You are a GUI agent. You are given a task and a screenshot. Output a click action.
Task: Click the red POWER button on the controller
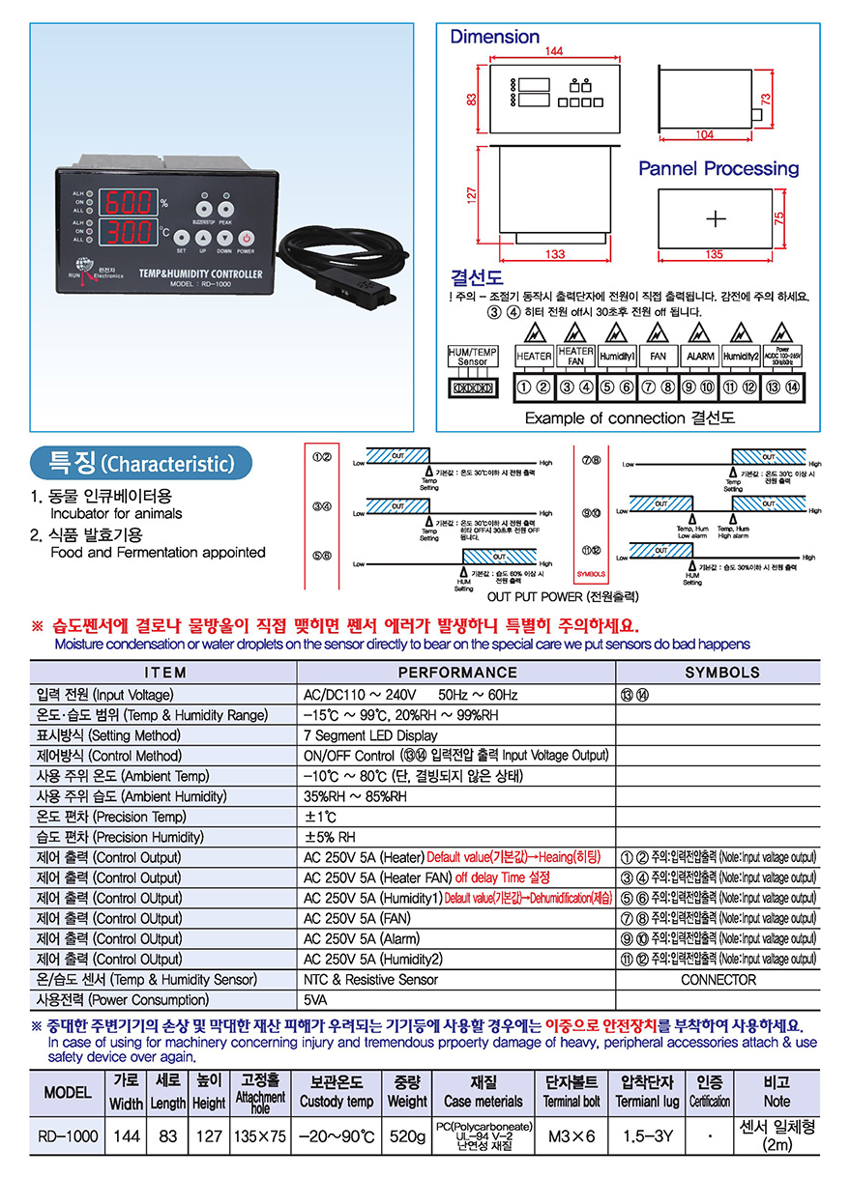coord(247,237)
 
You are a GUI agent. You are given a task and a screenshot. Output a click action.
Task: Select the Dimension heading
coord(494,37)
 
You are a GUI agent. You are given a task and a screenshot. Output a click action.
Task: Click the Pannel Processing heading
coord(718,168)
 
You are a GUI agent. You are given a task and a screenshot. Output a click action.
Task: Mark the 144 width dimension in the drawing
coord(553,50)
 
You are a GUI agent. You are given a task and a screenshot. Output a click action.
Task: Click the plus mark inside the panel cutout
coord(715,217)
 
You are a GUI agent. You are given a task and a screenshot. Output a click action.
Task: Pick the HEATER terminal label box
coord(534,356)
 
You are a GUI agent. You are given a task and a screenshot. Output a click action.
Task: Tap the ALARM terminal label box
coord(700,356)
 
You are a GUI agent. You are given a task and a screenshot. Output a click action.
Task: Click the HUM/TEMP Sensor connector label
coord(473,356)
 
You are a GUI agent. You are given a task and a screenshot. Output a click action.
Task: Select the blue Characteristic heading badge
coord(141,463)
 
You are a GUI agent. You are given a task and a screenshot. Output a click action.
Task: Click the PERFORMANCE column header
coord(456,672)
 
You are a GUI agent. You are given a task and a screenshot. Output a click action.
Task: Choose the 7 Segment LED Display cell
coord(368,735)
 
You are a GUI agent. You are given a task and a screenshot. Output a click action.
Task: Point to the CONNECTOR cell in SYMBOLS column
coord(718,979)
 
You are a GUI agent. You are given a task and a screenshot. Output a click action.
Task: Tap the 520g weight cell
coord(406,1136)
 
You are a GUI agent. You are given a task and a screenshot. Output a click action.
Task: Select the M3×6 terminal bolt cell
coord(572,1136)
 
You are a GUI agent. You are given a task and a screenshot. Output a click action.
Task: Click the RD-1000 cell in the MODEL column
coord(67,1136)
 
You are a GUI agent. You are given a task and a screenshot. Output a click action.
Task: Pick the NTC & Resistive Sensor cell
coord(370,979)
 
